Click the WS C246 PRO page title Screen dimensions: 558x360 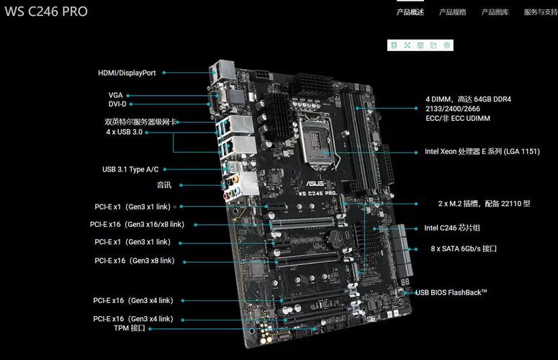pos(46,12)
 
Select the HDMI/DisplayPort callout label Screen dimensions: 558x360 pos(127,73)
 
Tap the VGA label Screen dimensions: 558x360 pos(116,95)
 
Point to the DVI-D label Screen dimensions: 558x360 pos(117,104)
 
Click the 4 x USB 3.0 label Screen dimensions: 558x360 pos(124,132)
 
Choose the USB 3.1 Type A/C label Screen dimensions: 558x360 pos(130,169)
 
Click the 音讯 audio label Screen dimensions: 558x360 pos(164,185)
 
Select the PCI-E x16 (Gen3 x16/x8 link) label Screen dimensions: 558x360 pos(137,225)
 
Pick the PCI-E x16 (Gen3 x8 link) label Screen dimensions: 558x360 pos(135,261)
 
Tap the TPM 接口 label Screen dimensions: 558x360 pos(130,328)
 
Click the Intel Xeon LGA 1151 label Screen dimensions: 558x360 pos(482,151)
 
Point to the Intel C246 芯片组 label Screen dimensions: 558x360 pos(452,228)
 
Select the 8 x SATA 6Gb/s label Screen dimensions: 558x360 pos(464,248)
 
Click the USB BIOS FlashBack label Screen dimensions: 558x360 pos(451,292)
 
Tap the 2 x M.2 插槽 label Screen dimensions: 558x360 pos(484,204)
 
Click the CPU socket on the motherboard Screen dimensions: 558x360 pos(317,143)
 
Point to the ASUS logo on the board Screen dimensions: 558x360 pos(315,184)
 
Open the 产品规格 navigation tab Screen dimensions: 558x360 pos(452,12)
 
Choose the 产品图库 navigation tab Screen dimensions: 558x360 pos(495,12)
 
